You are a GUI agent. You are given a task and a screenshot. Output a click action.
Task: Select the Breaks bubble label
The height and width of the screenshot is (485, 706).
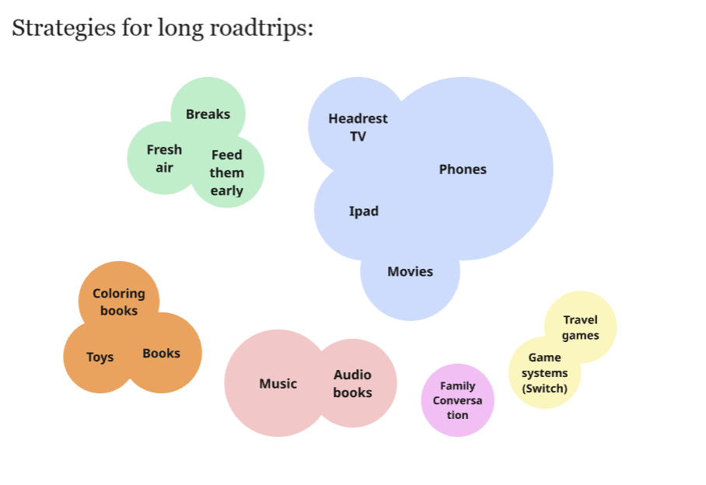tap(208, 114)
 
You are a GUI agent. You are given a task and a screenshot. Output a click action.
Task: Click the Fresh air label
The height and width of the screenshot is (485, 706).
tap(164, 159)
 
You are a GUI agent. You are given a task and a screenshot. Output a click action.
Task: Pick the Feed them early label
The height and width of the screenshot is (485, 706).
tap(226, 173)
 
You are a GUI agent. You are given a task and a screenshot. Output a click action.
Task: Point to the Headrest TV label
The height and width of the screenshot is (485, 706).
tap(358, 127)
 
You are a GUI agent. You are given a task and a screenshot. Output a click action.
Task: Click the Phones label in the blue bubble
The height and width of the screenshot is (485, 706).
tap(463, 169)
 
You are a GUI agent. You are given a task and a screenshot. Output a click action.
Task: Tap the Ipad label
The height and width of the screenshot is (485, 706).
tap(364, 211)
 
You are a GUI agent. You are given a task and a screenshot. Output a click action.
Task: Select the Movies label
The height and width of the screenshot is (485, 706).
tap(410, 272)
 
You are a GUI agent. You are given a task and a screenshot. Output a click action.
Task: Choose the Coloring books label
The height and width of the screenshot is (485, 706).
tap(119, 302)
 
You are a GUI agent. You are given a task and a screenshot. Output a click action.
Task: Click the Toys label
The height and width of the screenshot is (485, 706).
tap(100, 358)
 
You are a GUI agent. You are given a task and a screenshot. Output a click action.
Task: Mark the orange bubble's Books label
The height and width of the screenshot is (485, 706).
tap(161, 354)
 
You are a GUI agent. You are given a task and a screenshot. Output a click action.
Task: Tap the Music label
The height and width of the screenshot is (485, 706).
tap(278, 384)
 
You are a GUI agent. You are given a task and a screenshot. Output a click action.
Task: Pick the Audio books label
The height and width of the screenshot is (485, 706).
tap(352, 384)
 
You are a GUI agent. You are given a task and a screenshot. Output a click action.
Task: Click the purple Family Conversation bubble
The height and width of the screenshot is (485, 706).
tap(457, 400)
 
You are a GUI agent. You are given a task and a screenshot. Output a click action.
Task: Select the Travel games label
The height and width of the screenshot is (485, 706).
tap(581, 328)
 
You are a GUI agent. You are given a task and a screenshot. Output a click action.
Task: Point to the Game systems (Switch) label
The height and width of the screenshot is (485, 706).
tap(544, 373)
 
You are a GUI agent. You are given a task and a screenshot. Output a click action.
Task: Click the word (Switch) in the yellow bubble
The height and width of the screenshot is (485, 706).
tap(544, 389)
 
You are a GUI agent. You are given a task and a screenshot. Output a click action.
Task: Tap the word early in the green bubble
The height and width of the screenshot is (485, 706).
tap(226, 191)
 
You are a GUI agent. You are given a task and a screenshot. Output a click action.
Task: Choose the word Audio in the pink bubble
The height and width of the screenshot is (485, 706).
tap(352, 375)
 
